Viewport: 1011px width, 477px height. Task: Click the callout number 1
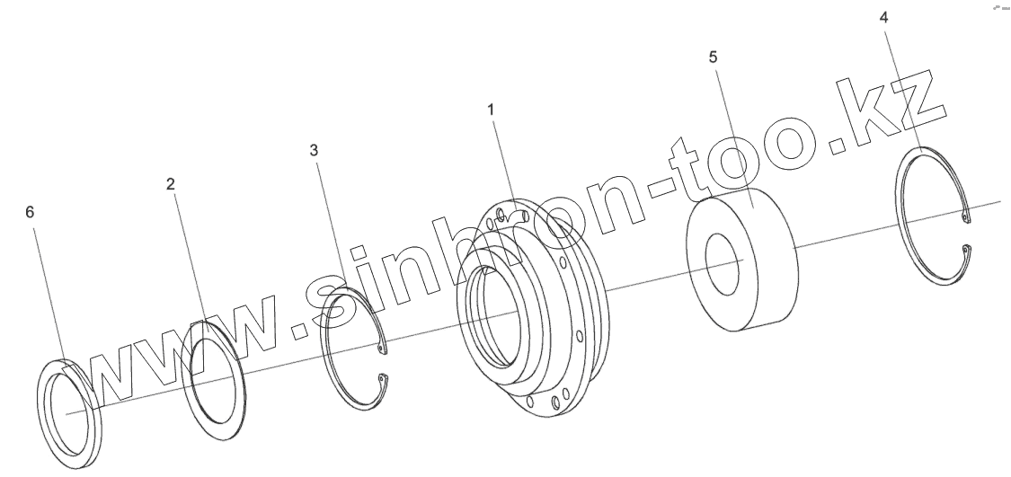pos(491,110)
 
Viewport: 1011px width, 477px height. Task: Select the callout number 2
pos(170,184)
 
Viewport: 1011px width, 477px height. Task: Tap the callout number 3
pos(314,151)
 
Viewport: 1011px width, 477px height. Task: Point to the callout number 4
pos(884,18)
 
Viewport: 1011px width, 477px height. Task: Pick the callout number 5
pos(713,57)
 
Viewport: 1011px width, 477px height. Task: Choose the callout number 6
pos(30,213)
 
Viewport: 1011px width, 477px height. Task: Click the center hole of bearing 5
pos(723,261)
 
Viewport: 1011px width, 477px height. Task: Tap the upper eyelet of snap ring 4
pos(965,218)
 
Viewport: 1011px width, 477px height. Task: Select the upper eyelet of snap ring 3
pos(381,349)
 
